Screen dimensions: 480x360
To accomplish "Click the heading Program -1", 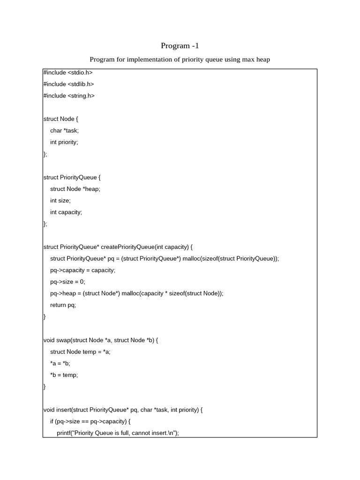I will click(180, 45).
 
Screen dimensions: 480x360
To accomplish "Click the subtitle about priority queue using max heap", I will click(180, 60).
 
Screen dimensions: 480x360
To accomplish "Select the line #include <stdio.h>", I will click(68, 73).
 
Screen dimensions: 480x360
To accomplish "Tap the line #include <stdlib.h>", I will click(68, 84).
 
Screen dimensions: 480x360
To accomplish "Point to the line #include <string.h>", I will click(69, 96).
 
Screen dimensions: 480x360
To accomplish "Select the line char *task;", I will click(65, 131).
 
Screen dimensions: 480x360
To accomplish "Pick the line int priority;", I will click(64, 142).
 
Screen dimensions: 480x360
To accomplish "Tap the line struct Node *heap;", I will click(75, 189).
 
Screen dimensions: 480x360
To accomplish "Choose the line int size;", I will click(60, 201).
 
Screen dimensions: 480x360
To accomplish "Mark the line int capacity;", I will click(66, 212).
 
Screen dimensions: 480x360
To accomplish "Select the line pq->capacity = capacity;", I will click(82, 270).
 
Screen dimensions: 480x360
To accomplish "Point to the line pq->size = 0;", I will click(67, 282).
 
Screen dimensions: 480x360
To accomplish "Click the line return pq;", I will click(63, 305).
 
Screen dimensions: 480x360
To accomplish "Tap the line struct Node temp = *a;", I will click(80, 352).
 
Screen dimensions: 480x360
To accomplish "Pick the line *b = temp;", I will click(64, 375).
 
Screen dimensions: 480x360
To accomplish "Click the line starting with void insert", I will click(123, 410).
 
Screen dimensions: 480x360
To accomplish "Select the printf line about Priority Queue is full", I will click(118, 433).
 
